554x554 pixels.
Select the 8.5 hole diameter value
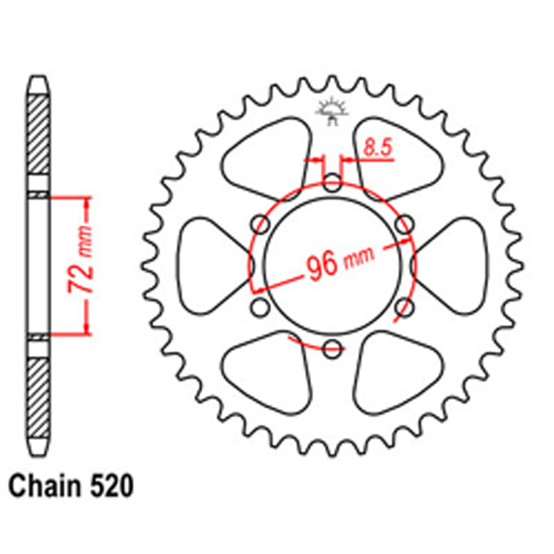tap(378, 148)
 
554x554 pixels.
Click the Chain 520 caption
tap(71, 486)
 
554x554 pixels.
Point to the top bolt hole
tap(332, 183)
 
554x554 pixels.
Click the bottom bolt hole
tap(332, 348)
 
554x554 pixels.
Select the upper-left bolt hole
tap(260, 224)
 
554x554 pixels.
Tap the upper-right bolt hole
tap(404, 224)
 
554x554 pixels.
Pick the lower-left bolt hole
tap(260, 307)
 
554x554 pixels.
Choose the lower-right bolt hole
tap(404, 307)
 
